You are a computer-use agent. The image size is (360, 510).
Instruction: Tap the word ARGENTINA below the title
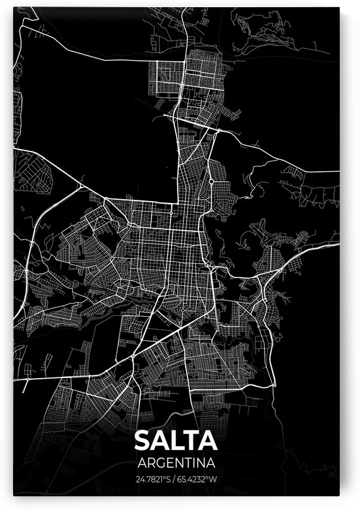[176, 463]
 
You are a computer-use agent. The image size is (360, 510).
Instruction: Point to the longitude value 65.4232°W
[198, 479]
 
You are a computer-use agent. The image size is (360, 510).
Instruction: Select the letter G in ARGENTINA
[160, 463]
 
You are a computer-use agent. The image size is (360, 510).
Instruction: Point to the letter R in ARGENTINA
[150, 463]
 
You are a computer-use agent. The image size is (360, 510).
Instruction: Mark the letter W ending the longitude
[213, 479]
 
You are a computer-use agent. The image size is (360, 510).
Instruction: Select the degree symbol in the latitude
[167, 477]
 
